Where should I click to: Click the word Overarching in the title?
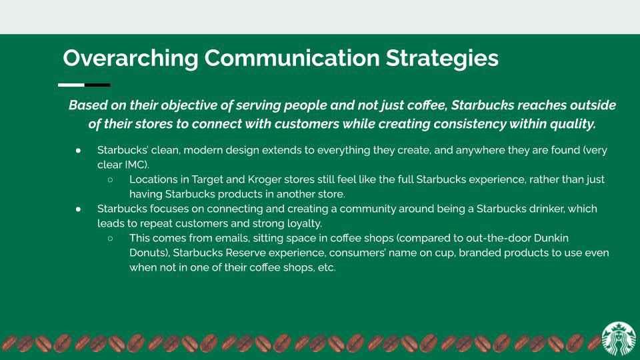pos(131,58)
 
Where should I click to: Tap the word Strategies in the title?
pos(442,58)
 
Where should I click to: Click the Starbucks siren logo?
pos(619,339)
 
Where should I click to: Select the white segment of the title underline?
pos(71,85)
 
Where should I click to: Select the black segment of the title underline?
pos(97,85)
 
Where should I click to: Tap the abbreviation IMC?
pos(135,165)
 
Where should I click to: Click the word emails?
pos(232,238)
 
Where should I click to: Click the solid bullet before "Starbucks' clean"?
pos(78,151)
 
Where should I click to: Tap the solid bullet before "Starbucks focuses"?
pos(78,209)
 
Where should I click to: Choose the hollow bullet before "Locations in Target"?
pos(110,179)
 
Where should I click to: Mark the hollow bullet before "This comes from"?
pos(110,239)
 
